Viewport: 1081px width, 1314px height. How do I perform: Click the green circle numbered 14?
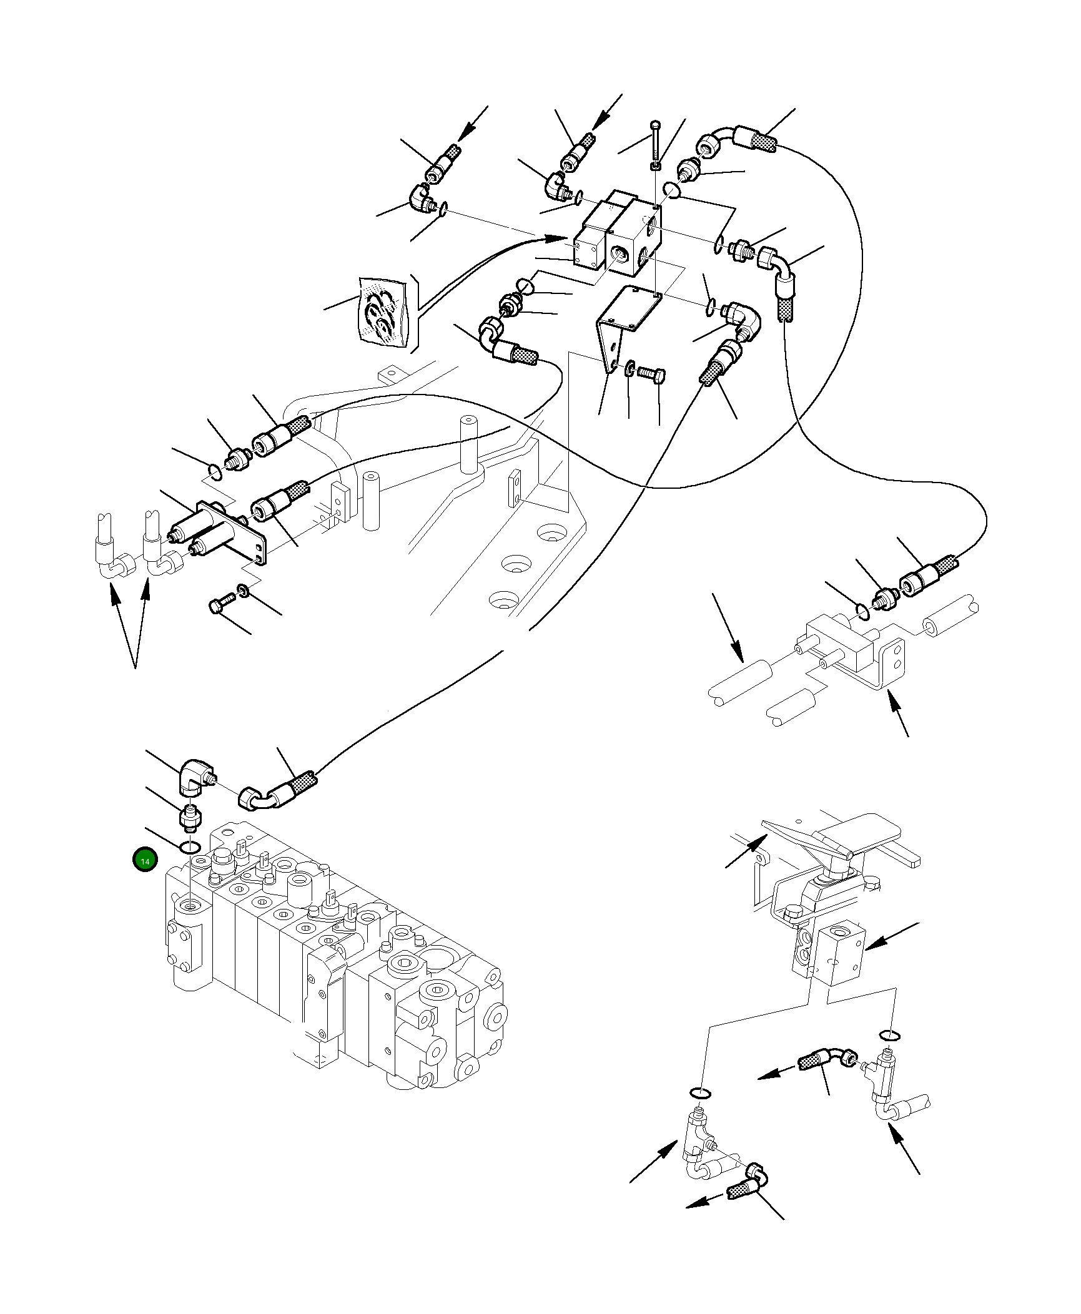[x=145, y=861]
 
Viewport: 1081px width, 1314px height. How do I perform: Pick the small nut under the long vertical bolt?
[x=654, y=165]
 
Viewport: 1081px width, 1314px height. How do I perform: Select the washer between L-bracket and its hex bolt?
[x=630, y=368]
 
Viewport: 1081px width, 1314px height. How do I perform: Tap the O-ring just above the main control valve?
[x=190, y=848]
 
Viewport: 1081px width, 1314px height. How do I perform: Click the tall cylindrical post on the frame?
[x=468, y=444]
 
